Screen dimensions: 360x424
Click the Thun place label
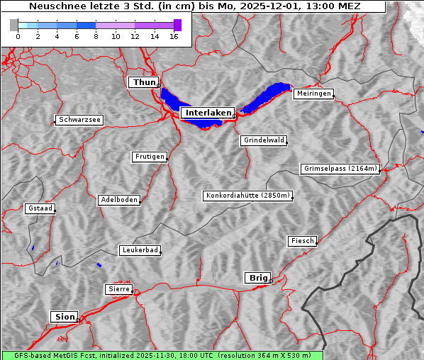coord(143,83)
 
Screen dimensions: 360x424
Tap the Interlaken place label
coord(207,113)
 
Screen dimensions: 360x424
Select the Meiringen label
coord(313,94)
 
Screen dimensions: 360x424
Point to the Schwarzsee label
coord(79,120)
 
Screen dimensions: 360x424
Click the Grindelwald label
coord(264,140)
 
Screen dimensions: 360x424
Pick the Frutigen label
coord(150,157)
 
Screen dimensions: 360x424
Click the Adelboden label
coord(118,200)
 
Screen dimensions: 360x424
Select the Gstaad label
coord(40,208)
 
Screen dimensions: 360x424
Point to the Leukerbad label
coord(140,250)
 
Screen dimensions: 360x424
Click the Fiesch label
coord(302,241)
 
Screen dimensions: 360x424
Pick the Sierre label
coord(118,289)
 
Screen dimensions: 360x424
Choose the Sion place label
coord(64,316)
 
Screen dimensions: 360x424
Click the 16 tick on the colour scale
coord(174,36)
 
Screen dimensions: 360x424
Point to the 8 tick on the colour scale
coord(96,36)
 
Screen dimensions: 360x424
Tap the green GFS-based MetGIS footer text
coord(162,355)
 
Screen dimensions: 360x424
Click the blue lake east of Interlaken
coord(266,98)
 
